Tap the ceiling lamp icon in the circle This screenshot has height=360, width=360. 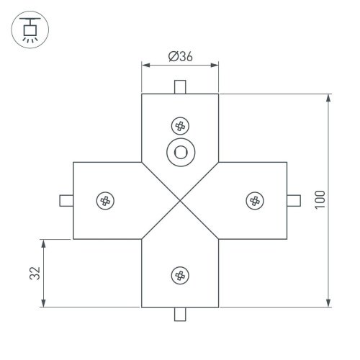tap(30, 30)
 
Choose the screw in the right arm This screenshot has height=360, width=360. tap(253, 200)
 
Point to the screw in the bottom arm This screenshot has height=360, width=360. tap(179, 274)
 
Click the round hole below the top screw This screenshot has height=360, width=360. tap(179, 153)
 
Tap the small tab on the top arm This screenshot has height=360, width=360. tap(180, 87)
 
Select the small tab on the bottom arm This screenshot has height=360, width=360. tap(180, 314)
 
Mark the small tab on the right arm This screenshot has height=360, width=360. tap(294, 200)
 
